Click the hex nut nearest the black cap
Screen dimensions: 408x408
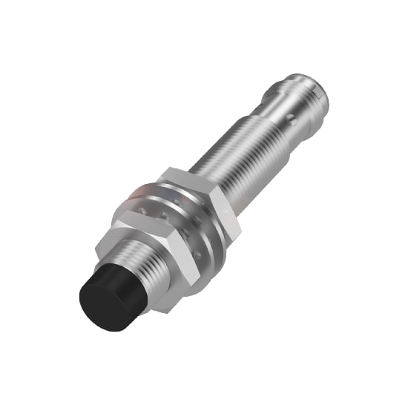[x=152, y=245]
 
